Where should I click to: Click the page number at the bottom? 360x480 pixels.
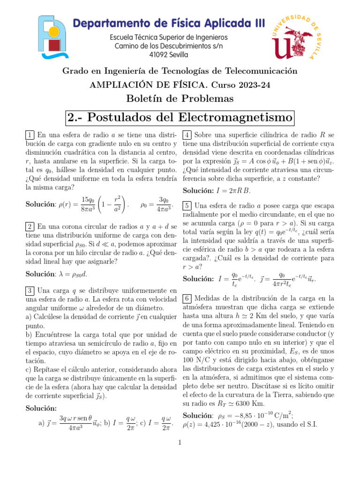point(180,442)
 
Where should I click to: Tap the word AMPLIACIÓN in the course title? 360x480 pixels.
point(116,85)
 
